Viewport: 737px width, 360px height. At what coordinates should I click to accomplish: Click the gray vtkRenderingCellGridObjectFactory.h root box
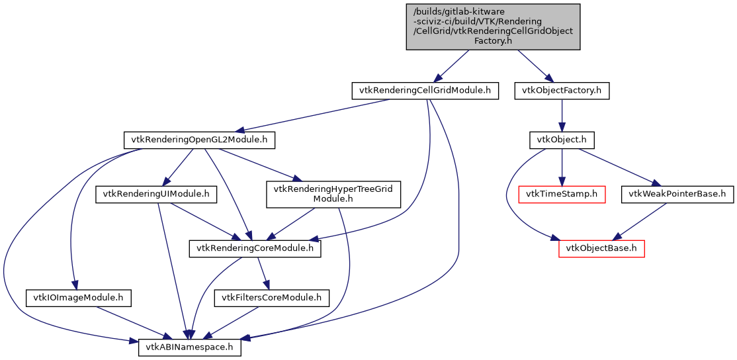click(493, 26)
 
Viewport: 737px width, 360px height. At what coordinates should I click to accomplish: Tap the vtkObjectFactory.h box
click(562, 91)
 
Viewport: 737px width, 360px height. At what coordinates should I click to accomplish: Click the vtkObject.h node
click(562, 140)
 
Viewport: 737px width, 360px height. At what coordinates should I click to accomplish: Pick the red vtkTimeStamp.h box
click(562, 195)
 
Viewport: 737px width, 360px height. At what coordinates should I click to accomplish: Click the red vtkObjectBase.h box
click(601, 249)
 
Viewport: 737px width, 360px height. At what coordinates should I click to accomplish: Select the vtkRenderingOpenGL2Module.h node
click(199, 140)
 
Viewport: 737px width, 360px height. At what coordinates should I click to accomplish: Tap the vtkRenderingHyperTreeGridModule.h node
click(333, 195)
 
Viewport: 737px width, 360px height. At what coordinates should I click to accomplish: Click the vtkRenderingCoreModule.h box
click(255, 249)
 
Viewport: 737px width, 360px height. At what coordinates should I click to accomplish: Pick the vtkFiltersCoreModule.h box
click(271, 298)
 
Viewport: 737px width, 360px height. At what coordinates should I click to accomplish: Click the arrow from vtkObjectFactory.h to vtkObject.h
click(562, 115)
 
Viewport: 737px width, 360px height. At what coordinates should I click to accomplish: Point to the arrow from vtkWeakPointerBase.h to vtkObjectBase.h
click(642, 221)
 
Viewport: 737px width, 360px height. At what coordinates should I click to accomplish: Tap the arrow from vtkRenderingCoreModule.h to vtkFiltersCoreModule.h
click(263, 273)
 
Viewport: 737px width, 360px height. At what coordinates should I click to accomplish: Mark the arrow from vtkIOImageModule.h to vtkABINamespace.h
click(132, 323)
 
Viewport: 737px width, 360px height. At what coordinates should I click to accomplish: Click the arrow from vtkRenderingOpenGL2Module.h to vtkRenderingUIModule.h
click(179, 167)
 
